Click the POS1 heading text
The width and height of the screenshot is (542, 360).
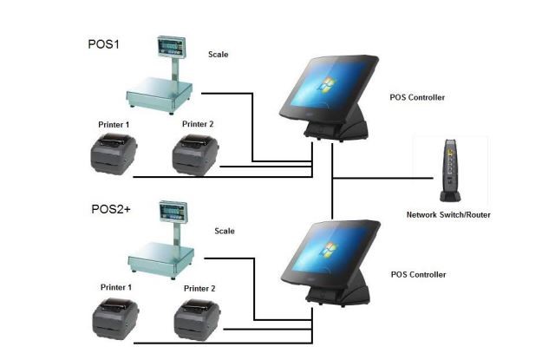pyautogui.click(x=103, y=44)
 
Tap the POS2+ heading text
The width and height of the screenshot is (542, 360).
pyautogui.click(x=111, y=209)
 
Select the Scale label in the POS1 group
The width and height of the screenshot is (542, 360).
pyautogui.click(x=219, y=55)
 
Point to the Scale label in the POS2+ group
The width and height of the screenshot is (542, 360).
pyautogui.click(x=225, y=231)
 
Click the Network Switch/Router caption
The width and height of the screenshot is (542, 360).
pyautogui.click(x=448, y=215)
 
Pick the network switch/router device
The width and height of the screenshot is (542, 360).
pyautogui.click(x=450, y=171)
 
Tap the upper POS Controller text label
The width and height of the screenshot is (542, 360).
pyautogui.click(x=417, y=97)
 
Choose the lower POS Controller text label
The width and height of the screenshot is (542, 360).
pyautogui.click(x=418, y=275)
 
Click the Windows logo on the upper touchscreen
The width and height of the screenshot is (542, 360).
pyautogui.click(x=327, y=85)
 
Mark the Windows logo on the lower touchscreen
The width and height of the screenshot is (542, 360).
pyautogui.click(x=329, y=249)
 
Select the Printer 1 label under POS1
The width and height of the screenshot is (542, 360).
pyautogui.click(x=114, y=125)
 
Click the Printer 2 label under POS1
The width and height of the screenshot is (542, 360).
pyautogui.click(x=198, y=124)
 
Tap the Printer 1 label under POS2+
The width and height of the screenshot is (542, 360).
pyautogui.click(x=116, y=287)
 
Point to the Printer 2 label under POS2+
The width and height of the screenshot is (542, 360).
pyautogui.click(x=199, y=288)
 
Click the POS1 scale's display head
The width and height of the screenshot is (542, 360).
pyautogui.click(x=171, y=46)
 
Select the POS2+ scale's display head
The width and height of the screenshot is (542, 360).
pyautogui.click(x=173, y=211)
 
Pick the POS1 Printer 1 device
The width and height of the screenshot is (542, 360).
pyautogui.click(x=114, y=154)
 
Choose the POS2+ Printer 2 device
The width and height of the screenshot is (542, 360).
pyautogui.click(x=197, y=320)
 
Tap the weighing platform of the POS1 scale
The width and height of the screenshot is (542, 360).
pyautogui.click(x=160, y=94)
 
